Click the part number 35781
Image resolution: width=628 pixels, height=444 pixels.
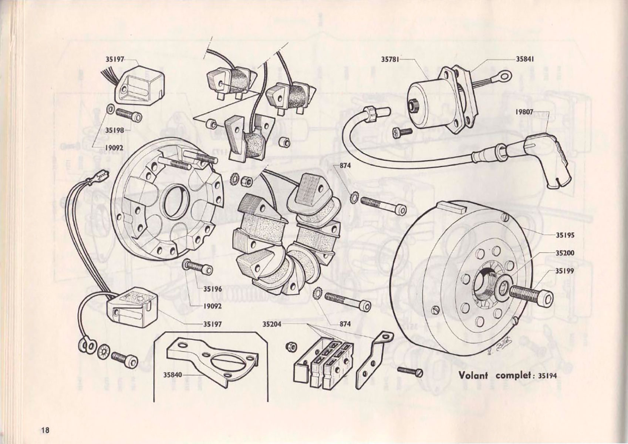click(x=389, y=59)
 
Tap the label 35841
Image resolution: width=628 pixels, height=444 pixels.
click(x=525, y=59)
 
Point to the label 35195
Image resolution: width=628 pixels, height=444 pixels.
click(x=565, y=235)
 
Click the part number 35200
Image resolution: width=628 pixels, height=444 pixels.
click(x=565, y=253)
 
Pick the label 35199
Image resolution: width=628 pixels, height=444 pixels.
click(x=565, y=271)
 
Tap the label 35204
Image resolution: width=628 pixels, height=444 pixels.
click(x=272, y=324)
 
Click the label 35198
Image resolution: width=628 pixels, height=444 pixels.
click(x=114, y=130)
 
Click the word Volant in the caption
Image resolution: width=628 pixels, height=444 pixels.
click(x=473, y=375)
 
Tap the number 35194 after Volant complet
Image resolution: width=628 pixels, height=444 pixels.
click(x=547, y=376)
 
